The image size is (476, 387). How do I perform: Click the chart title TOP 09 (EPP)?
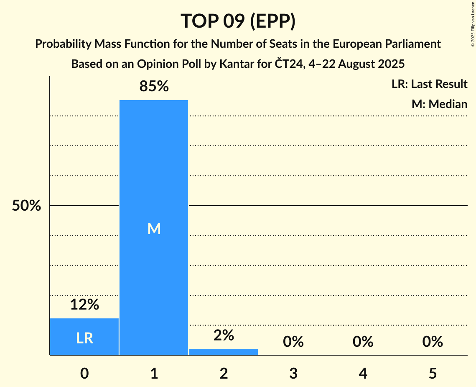pos(238,21)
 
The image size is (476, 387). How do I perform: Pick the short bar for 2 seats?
pos(224,352)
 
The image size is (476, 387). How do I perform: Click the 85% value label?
pos(154,87)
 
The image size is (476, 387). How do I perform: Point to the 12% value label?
pos(84,304)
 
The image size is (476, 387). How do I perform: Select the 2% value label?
pos(224,335)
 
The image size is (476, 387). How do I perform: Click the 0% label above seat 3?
pos(293,342)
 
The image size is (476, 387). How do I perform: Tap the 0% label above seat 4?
pos(363,342)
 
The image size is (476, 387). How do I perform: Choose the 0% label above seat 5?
pos(432,342)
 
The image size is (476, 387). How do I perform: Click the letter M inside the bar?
pos(154,229)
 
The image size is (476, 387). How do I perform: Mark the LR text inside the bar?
pos(84,338)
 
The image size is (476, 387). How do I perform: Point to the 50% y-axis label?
pos(26,206)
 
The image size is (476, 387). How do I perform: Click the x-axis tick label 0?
pos(84,373)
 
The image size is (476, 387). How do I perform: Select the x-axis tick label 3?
pos(293,373)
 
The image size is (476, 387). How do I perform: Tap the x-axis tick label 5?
pos(432,373)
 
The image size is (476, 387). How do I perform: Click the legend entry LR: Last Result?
pos(429,84)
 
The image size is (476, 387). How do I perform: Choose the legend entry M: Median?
pos(439,104)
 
